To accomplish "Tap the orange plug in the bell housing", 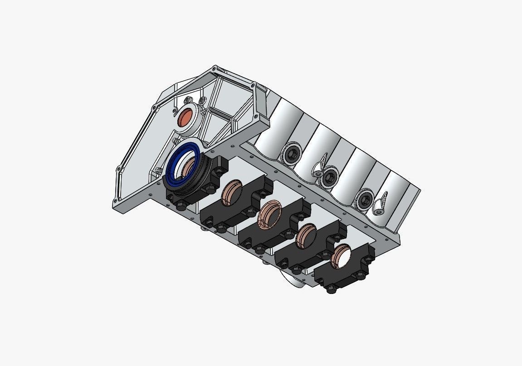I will pos(186,118).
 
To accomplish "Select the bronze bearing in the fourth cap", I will pos(306,236).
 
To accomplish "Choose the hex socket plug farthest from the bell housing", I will pos(364,200).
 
